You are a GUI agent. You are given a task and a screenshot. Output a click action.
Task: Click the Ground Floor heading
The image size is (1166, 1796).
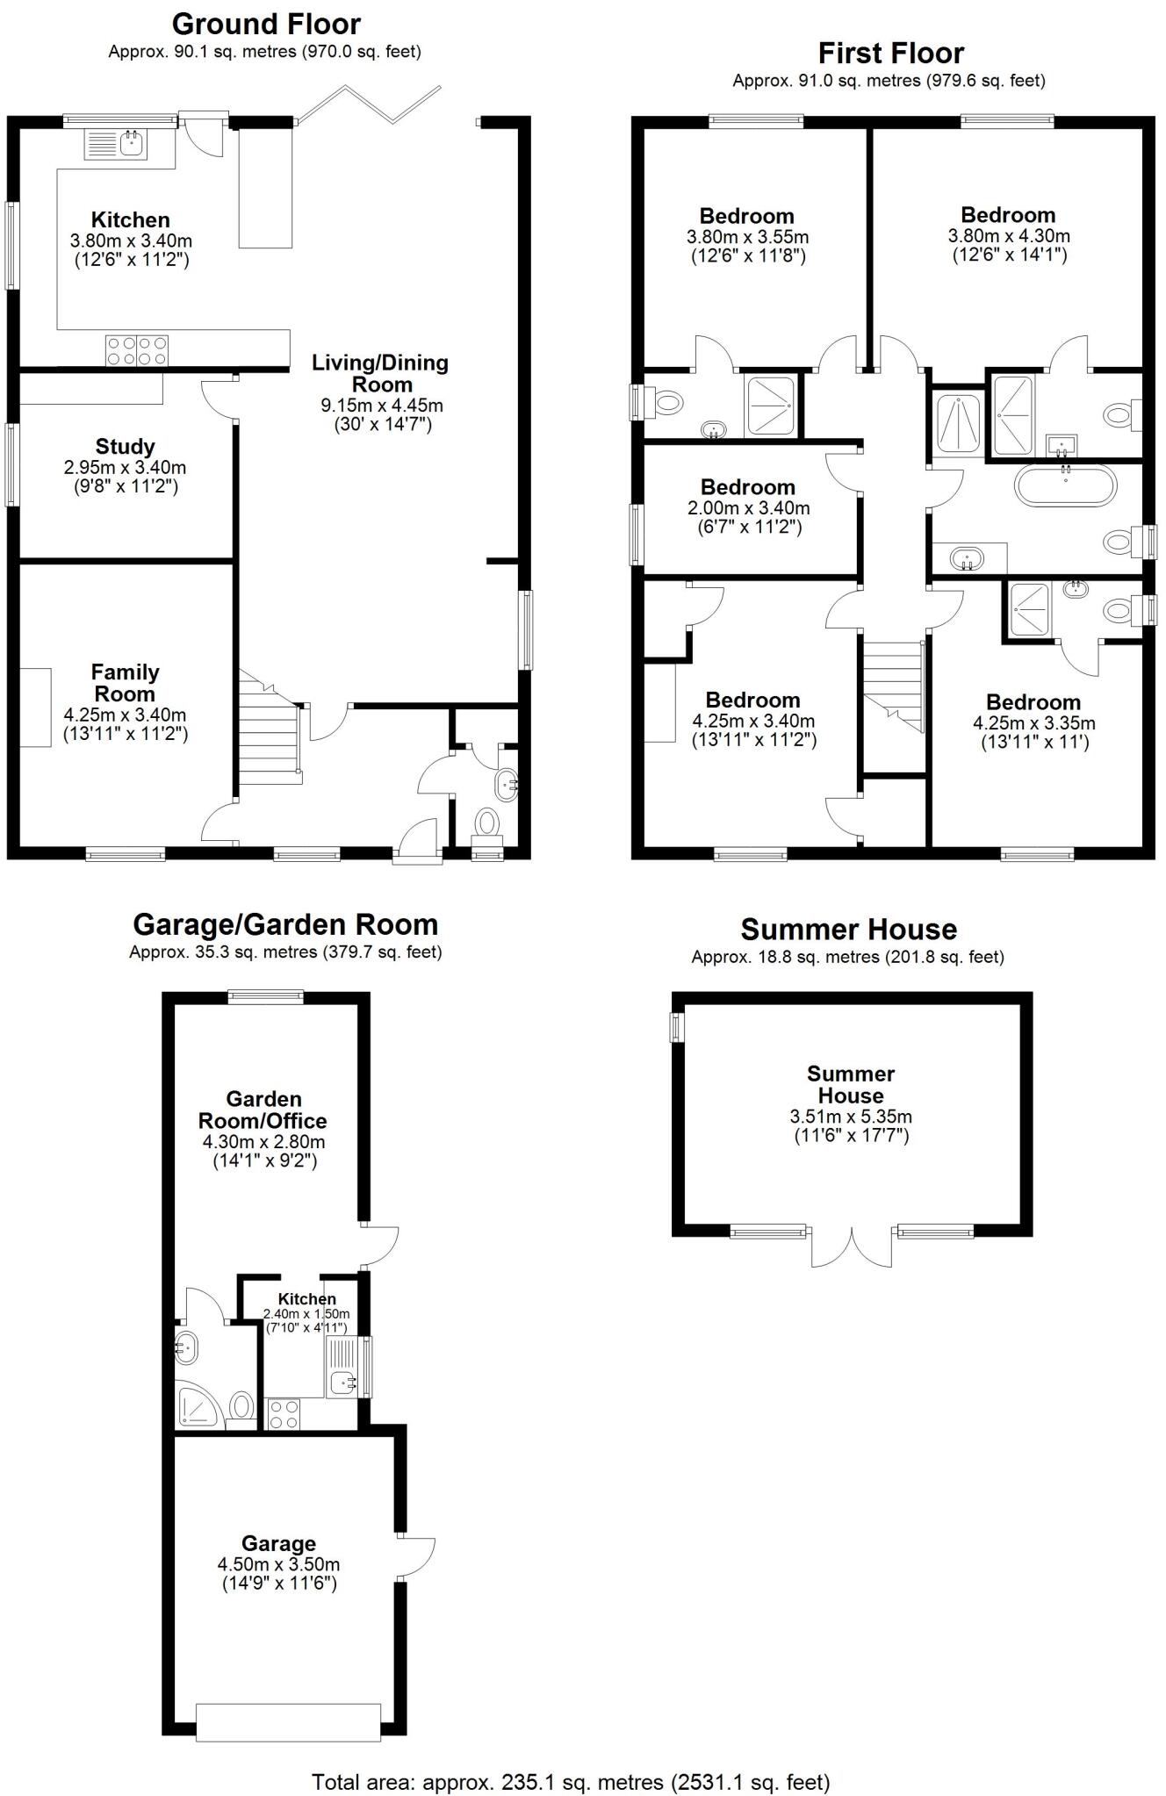click(265, 24)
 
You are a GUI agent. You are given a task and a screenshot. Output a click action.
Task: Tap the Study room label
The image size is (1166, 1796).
click(126, 447)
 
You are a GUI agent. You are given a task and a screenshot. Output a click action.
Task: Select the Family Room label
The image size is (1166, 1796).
click(126, 683)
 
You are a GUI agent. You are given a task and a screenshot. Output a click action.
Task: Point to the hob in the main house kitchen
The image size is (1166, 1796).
click(136, 350)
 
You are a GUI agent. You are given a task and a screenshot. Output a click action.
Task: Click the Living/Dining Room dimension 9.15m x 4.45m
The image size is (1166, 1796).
click(381, 406)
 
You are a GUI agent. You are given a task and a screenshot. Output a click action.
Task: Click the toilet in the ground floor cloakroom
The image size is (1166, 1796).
click(486, 823)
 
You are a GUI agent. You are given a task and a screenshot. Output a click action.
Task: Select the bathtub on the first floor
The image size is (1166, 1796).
click(1065, 484)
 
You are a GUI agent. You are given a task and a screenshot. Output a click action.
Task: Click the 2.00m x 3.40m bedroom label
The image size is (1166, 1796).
click(748, 487)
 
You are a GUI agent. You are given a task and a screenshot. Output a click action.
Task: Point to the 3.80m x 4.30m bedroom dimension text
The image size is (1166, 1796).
click(1008, 235)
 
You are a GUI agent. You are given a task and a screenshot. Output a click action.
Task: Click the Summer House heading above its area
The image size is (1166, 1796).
click(848, 929)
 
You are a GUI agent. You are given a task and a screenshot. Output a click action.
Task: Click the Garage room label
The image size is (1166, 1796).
click(278, 1543)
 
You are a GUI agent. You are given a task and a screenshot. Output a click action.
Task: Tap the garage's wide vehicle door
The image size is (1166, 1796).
click(288, 1722)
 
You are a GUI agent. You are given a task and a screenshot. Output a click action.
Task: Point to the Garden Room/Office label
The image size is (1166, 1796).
click(263, 1110)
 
